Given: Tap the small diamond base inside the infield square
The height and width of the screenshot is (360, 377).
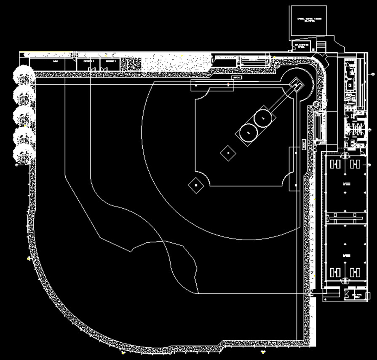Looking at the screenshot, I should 227,152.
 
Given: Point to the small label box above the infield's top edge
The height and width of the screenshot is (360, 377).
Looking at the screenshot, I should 237,78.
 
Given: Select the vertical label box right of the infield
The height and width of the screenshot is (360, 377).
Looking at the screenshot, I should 304,145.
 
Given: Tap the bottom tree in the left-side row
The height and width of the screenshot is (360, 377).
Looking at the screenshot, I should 24,154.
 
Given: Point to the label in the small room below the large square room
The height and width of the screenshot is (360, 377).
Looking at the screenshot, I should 302,45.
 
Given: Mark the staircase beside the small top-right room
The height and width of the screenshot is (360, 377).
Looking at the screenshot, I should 321,45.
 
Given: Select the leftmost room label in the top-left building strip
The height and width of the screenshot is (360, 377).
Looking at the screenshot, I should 55,62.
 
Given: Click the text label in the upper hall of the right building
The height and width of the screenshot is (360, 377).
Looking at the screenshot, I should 348,183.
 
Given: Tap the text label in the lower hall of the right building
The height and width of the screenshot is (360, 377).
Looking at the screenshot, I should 348,256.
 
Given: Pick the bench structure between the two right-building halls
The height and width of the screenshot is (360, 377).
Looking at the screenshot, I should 345,218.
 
